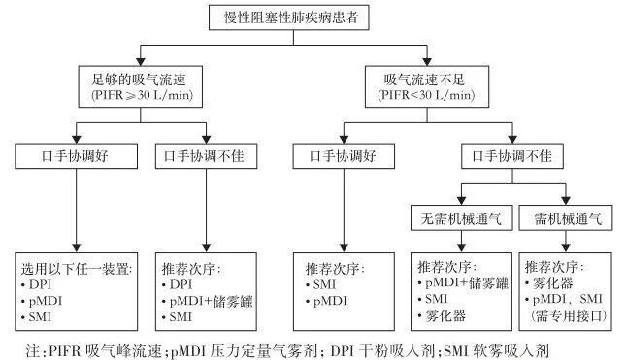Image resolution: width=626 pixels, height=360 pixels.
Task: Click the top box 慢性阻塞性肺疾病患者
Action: (313, 17)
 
